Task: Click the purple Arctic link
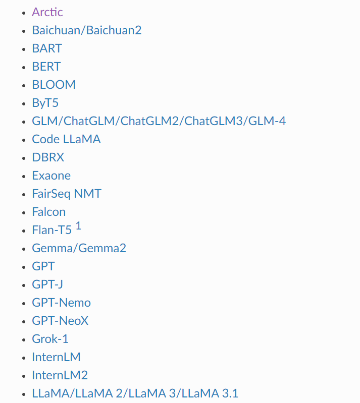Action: [x=47, y=12]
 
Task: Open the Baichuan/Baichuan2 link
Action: [x=86, y=30]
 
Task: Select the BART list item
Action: [x=47, y=48]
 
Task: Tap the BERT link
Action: [x=46, y=67]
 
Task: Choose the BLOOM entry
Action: [x=54, y=85]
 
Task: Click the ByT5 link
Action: [x=45, y=103]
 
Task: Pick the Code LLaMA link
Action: [x=66, y=139]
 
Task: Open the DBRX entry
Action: [x=48, y=157]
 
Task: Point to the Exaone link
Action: [x=51, y=176]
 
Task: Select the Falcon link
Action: [x=48, y=212]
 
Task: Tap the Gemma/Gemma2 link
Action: [x=79, y=248]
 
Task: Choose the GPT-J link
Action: [x=47, y=284]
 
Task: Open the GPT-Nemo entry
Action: [x=61, y=303]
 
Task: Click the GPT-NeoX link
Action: [x=60, y=321]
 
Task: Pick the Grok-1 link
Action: [x=50, y=339]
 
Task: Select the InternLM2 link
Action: [x=60, y=375]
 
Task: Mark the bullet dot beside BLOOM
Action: [x=23, y=86]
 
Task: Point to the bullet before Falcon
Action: [x=23, y=213]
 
